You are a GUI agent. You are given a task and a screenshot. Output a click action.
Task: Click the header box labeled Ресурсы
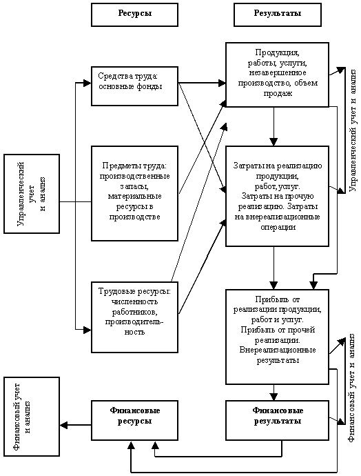click(134, 15)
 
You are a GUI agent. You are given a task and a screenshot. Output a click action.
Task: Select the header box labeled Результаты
click(278, 15)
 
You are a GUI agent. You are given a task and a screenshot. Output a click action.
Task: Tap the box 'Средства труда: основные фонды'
click(134, 86)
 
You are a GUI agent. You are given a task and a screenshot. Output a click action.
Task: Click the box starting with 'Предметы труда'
click(134, 193)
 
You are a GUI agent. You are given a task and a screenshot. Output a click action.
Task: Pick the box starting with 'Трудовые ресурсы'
click(134, 317)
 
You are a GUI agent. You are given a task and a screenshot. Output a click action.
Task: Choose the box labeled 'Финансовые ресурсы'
click(134, 420)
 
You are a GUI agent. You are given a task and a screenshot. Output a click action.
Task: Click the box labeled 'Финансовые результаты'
click(278, 420)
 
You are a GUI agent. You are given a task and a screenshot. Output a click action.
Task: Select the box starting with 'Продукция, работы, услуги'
click(278, 75)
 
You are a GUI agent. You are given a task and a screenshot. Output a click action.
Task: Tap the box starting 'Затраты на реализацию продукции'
click(278, 196)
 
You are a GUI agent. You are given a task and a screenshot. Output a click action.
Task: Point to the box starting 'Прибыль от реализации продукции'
click(278, 337)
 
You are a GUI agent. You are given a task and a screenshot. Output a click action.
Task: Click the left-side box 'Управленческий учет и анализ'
click(32, 194)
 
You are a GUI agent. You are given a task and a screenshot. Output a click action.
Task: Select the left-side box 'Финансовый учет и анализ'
click(32, 417)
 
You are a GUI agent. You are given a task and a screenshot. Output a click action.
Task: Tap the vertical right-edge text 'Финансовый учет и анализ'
click(353, 388)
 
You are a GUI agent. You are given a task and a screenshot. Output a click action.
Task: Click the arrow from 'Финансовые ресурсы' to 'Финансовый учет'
click(76, 425)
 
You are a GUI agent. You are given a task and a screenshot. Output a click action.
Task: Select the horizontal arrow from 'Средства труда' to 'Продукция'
click(202, 83)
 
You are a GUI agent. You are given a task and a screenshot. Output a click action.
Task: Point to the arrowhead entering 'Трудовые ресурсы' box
click(87, 329)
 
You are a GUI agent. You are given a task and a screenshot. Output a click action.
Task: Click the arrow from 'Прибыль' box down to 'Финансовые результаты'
click(274, 393)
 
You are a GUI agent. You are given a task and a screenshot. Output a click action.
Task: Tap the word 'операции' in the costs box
click(278, 228)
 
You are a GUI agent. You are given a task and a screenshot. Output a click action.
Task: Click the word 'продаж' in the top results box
click(278, 94)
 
